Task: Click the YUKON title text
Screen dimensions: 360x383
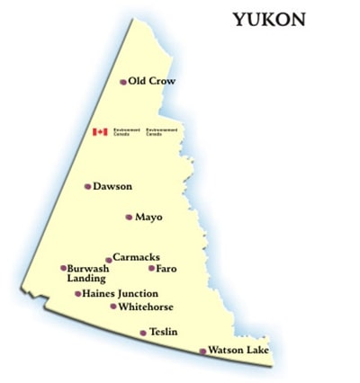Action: coord(269,19)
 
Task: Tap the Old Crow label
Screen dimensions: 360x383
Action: coord(151,81)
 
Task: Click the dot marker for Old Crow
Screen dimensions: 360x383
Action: coord(123,82)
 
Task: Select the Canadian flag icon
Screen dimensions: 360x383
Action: coord(100,132)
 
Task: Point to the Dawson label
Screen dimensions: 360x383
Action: coord(112,186)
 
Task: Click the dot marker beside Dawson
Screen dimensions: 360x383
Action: coord(87,187)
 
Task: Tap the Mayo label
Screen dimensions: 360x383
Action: coord(148,217)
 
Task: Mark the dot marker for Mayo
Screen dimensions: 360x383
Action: coord(129,217)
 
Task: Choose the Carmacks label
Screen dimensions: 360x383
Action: coord(136,257)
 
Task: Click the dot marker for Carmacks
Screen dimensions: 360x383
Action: coord(109,261)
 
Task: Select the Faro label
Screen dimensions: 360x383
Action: coord(166,268)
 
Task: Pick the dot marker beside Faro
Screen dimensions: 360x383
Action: coord(151,268)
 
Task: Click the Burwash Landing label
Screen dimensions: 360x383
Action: coord(88,273)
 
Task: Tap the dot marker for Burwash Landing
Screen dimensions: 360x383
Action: coord(63,268)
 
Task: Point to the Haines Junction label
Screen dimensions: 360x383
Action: coord(120,293)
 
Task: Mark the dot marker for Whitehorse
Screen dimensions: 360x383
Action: coord(113,307)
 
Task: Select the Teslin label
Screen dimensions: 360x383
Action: coord(163,332)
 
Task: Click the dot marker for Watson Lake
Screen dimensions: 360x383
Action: coord(202,351)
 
